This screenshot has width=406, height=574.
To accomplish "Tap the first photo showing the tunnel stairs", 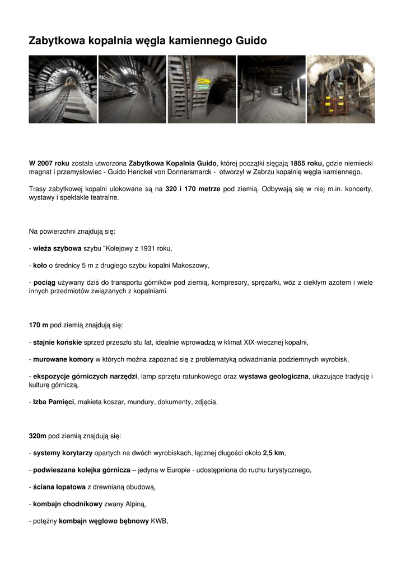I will point(63,89).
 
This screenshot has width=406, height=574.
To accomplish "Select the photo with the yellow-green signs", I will point(202,89).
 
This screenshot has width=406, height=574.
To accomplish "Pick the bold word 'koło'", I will point(40,265).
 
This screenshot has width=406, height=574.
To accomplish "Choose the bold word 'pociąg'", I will point(44,283).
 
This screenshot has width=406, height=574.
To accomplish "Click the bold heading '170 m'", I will point(39,325).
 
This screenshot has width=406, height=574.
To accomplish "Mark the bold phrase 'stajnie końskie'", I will point(57,342).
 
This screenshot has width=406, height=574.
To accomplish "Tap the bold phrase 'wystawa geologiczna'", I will point(274,376).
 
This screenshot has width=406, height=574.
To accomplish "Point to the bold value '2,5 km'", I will point(274,453).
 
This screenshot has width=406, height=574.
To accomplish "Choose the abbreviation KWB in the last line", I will point(159,521).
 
